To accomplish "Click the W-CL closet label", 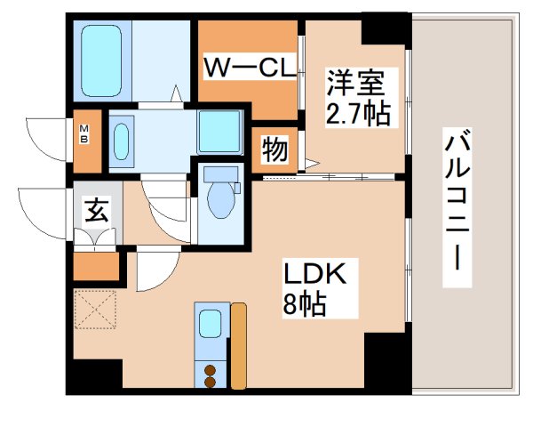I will [250, 67].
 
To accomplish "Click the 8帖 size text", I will [306, 306].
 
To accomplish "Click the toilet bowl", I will [219, 199].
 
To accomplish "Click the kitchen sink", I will [211, 322].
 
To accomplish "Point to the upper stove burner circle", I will [211, 369].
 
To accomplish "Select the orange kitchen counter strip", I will [238, 346].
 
